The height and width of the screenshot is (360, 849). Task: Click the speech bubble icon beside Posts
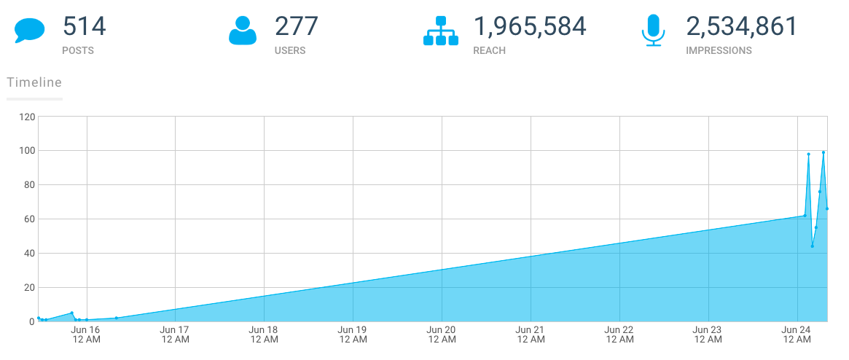tap(30, 31)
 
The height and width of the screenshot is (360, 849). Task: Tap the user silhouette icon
tap(243, 31)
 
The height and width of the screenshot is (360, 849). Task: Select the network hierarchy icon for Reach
tap(441, 31)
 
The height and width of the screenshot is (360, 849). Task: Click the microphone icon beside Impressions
tap(653, 31)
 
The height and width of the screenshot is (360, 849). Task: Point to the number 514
tap(85, 27)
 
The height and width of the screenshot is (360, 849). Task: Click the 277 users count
tap(297, 27)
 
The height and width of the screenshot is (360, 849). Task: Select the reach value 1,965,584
tap(530, 27)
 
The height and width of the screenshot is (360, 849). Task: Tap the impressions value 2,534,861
tap(742, 27)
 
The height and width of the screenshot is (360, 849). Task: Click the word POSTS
tap(78, 51)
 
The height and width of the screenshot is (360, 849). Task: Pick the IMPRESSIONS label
tap(719, 51)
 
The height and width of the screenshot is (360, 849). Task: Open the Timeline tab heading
tap(34, 82)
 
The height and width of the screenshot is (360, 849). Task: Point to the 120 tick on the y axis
tap(27, 117)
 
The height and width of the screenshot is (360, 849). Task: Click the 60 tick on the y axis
tap(29, 219)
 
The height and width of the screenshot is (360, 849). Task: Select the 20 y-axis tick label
tap(29, 288)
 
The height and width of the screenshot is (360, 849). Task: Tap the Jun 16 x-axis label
tap(86, 334)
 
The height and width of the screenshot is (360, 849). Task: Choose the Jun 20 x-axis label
tap(442, 334)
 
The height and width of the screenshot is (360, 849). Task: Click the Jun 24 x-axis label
tap(797, 334)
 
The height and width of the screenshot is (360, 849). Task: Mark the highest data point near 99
tap(823, 152)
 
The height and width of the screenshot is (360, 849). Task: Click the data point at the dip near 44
tap(812, 246)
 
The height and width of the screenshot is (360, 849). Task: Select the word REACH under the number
tap(489, 51)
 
